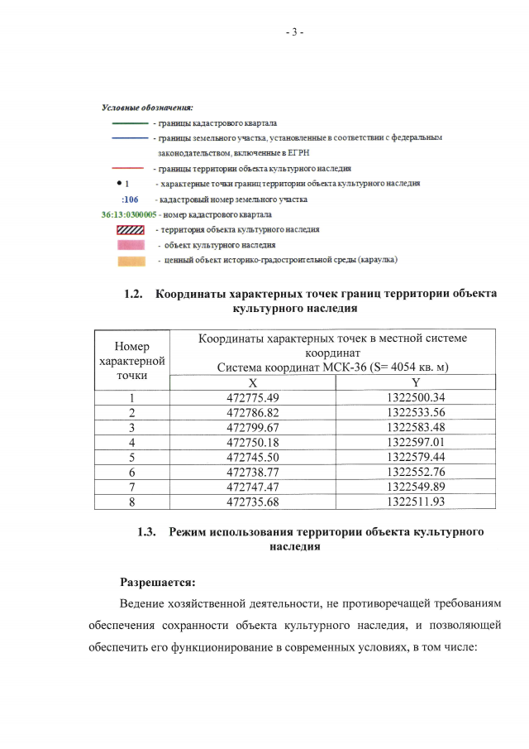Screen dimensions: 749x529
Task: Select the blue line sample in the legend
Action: pos(130,137)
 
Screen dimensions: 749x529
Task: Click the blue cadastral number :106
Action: pos(129,199)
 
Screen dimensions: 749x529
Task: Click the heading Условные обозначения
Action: pos(146,108)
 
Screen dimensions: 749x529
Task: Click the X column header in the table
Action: pos(253,382)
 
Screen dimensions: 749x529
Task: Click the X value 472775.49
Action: pos(253,396)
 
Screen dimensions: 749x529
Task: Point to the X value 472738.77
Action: pos(253,471)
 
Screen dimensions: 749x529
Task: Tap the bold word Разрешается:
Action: pos(157,581)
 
